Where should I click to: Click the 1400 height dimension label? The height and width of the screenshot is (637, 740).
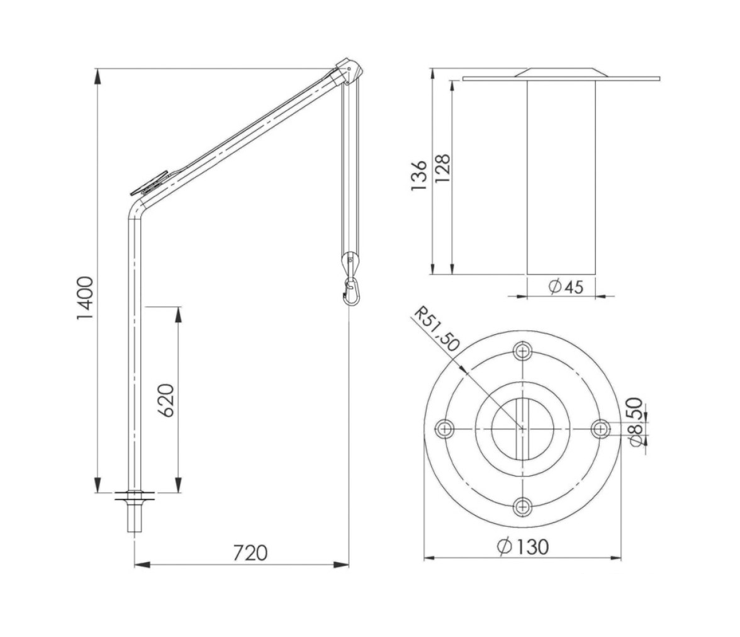click(86, 298)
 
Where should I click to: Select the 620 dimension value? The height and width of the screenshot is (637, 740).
click(165, 400)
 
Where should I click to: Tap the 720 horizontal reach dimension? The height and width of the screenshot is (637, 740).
click(250, 553)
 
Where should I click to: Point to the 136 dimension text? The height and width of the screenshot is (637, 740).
click(418, 176)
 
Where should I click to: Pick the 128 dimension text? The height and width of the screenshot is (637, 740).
click(442, 169)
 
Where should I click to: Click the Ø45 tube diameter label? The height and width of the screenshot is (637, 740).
click(566, 286)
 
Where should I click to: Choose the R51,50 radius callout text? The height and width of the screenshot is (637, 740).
click(437, 329)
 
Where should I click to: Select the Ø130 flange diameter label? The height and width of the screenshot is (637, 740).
click(523, 546)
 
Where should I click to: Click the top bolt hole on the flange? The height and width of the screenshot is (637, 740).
click(522, 351)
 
